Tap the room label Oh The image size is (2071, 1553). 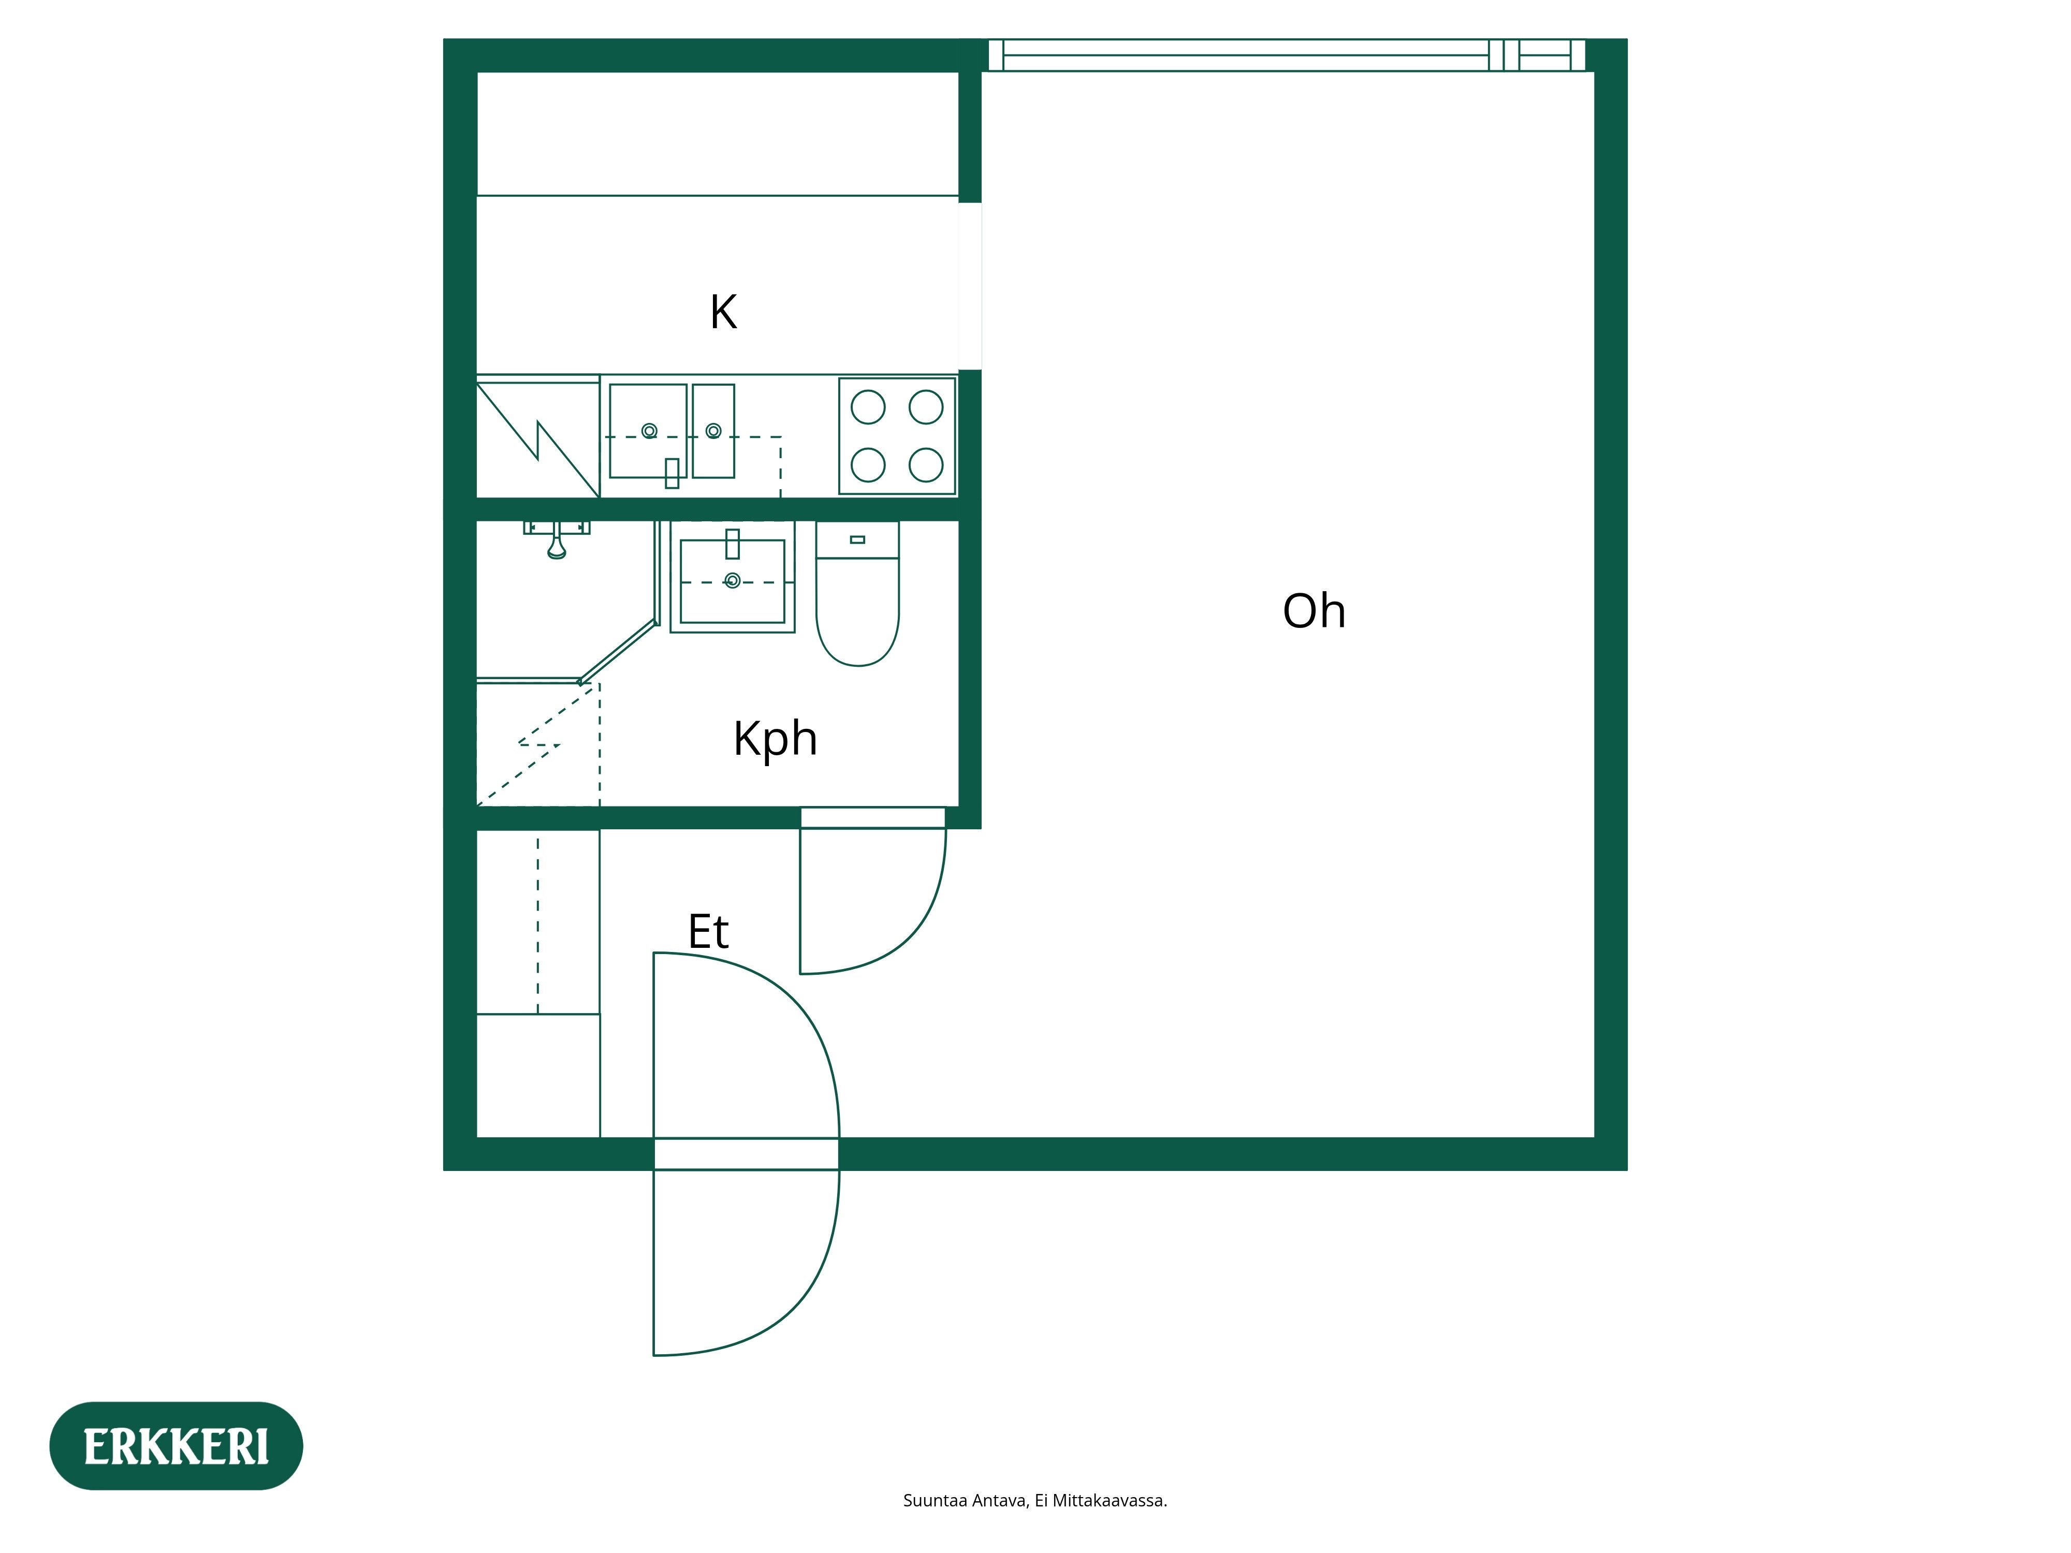tap(1314, 611)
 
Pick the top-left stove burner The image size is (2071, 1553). tap(868, 407)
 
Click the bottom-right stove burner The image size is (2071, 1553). tap(926, 465)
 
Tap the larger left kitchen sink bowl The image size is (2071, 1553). tap(648, 431)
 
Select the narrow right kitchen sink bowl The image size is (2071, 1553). tap(713, 431)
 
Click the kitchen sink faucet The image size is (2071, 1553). tap(672, 473)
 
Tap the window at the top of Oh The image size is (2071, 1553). tap(1287, 55)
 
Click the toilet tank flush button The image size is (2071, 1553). tap(857, 540)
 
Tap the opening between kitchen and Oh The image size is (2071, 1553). tap(970, 286)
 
